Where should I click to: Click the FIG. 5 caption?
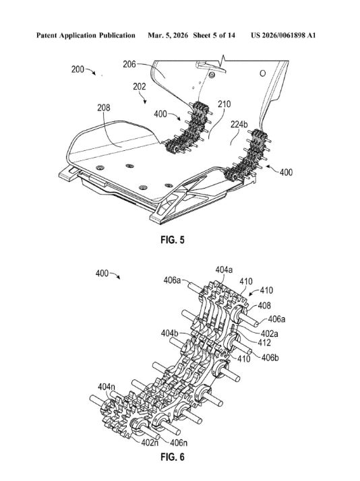173,240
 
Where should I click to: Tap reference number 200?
78,69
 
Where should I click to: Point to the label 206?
129,65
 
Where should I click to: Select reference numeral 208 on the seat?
104,108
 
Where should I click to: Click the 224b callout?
239,124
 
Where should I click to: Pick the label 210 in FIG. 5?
224,104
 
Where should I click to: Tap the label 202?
140,87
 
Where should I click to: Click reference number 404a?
224,269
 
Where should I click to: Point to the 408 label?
264,305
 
